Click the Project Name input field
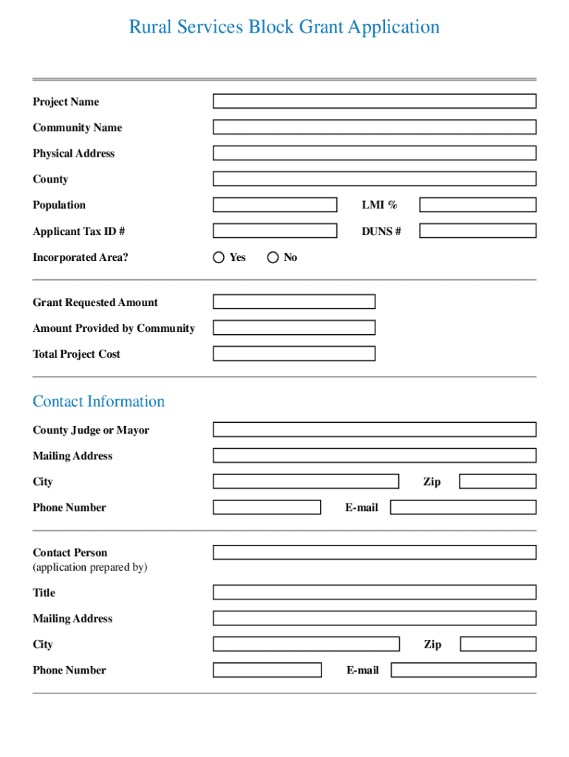click(375, 101)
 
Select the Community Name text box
click(375, 127)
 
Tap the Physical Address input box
click(375, 153)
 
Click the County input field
click(375, 179)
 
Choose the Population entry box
click(274, 205)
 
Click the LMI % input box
click(477, 205)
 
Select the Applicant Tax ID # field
click(274, 231)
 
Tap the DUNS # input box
click(477, 231)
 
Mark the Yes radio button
click(219, 257)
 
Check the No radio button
click(273, 257)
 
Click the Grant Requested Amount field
click(294, 302)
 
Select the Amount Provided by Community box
click(294, 327)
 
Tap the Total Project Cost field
click(294, 353)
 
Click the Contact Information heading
click(98, 401)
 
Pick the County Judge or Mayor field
click(375, 430)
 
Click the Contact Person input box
click(375, 552)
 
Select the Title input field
click(375, 592)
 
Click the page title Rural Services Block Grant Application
click(284, 27)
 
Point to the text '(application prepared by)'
click(90, 567)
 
